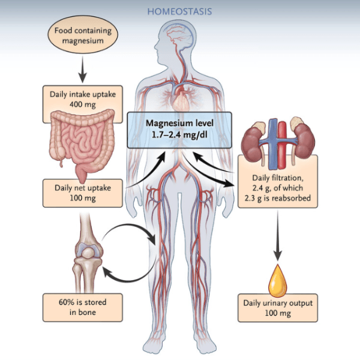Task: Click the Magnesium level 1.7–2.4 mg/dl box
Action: point(181,129)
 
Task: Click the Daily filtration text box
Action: point(277,187)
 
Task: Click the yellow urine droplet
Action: point(277,277)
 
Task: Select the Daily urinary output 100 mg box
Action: point(277,307)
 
